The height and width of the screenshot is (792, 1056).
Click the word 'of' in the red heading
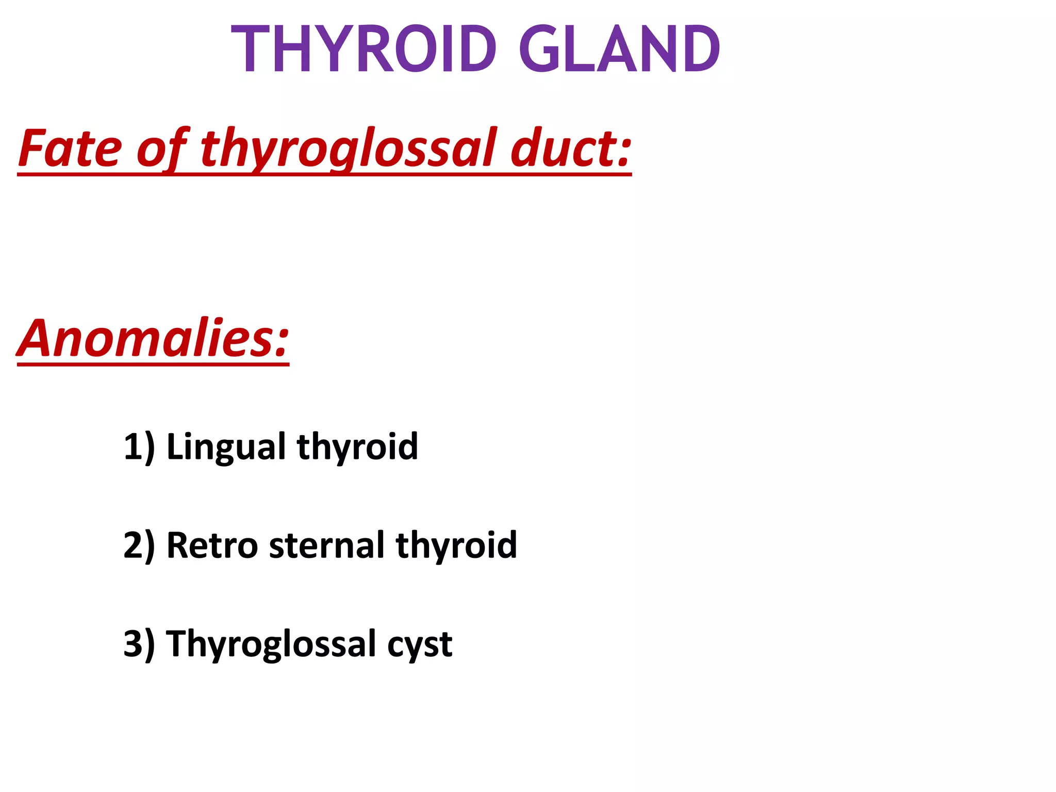(x=161, y=150)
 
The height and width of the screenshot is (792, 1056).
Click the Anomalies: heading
(x=153, y=339)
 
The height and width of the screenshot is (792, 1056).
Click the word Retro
(x=212, y=546)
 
